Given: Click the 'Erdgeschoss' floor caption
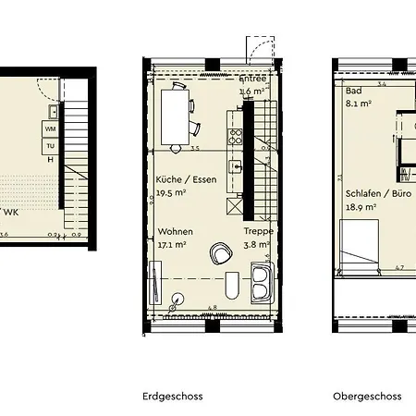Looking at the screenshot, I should tap(172, 396).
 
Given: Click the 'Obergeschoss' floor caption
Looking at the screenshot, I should tap(367, 396).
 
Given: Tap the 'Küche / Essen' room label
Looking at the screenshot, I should tap(187, 180).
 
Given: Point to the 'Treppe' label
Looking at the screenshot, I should tap(256, 232).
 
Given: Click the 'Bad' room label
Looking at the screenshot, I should tap(352, 92).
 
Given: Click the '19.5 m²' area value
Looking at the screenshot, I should tap(172, 194).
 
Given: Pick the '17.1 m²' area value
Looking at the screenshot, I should tap(172, 246).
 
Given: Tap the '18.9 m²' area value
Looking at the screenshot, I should tap(360, 208).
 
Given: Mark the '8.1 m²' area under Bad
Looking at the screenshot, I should tap(358, 104).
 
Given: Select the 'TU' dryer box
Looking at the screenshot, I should tap(50, 146).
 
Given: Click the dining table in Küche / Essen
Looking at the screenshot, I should tap(174, 115).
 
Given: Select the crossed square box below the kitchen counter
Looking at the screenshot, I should tap(235, 205).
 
